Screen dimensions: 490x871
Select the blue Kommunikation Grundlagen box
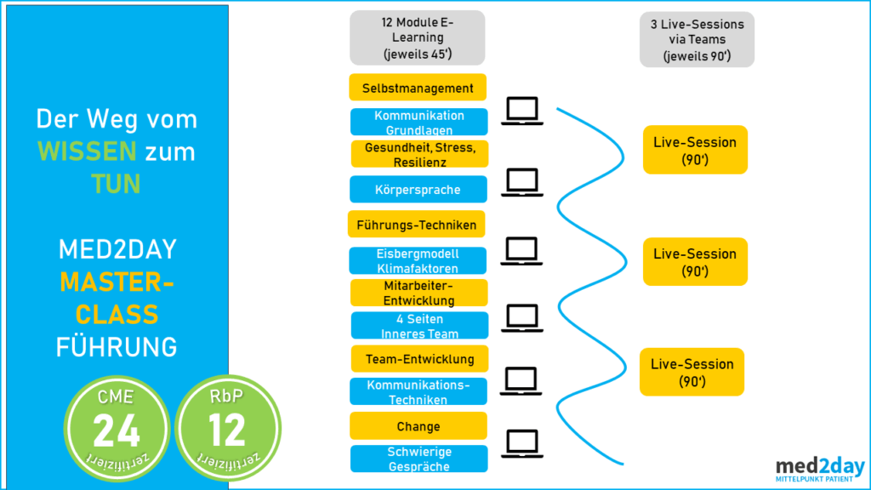[419, 122]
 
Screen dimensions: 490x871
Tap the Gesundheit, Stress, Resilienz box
[418, 154]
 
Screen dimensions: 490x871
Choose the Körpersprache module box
[419, 190]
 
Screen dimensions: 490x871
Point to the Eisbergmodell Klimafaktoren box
[419, 260]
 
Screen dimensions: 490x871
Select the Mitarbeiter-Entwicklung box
[419, 293]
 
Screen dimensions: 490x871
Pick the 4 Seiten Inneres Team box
[419, 326]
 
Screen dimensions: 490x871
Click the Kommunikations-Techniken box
[419, 392]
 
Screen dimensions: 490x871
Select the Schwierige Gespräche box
[419, 459]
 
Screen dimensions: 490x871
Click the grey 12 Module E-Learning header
[417, 37]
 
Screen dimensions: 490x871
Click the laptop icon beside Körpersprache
[522, 182]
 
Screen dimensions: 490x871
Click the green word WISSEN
[87, 152]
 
